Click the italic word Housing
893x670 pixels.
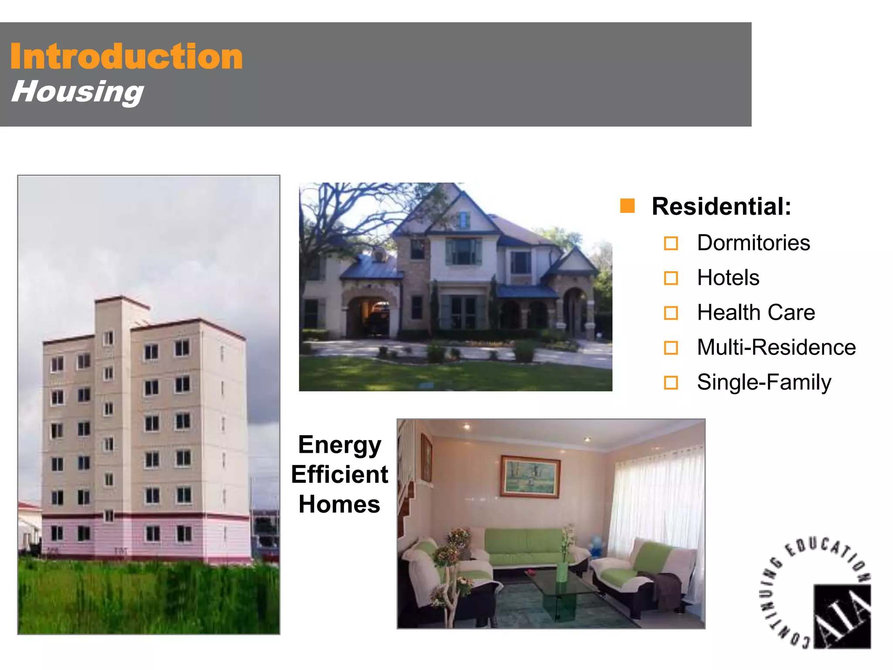(77, 92)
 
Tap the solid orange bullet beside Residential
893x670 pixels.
(627, 206)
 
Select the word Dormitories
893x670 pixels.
(753, 243)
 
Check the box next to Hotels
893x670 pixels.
(671, 278)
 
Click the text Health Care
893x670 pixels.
(756, 313)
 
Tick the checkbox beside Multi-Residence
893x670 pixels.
(671, 348)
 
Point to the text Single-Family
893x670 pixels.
(763, 383)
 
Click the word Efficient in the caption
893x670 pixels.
(339, 475)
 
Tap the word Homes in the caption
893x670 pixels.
(339, 504)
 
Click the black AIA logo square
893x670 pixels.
(842, 616)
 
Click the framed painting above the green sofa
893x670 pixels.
(530, 476)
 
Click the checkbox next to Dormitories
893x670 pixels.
(671, 243)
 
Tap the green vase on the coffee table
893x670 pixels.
(562, 571)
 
